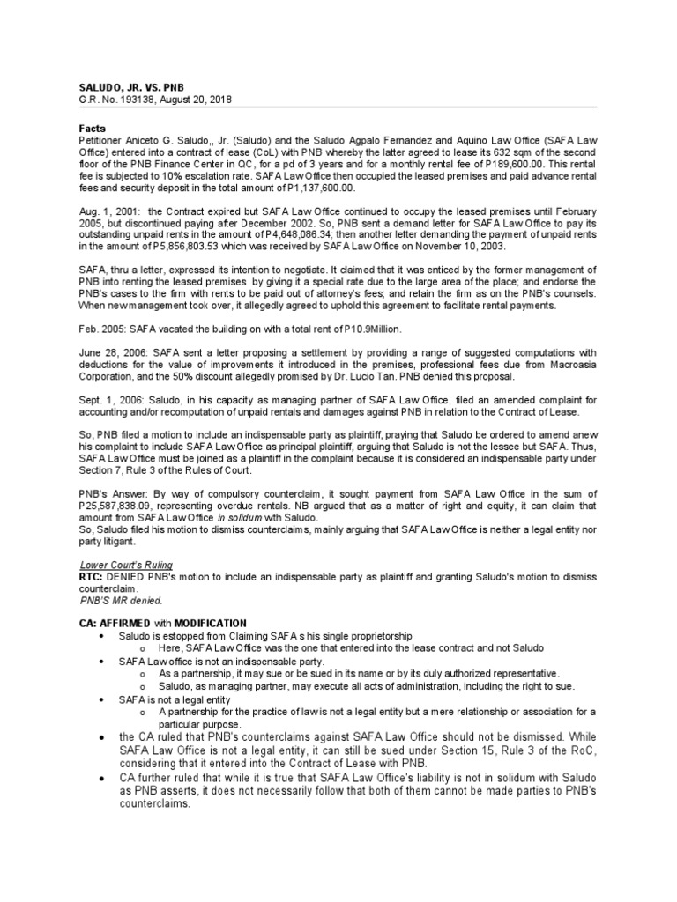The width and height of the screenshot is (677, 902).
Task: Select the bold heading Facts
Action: tap(93, 128)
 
